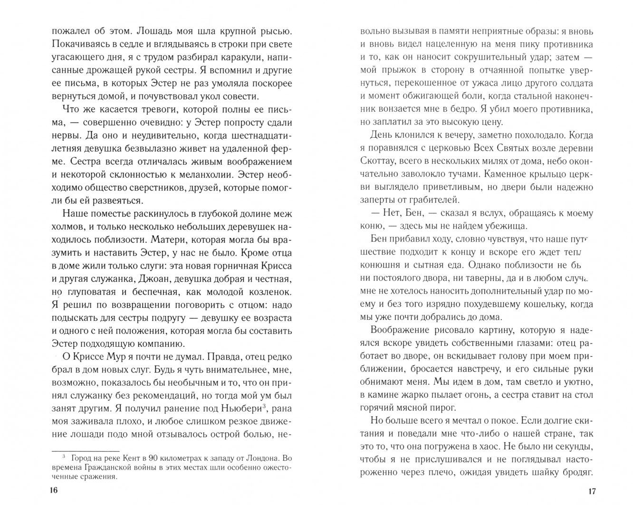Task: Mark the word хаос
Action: [x=526, y=446]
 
